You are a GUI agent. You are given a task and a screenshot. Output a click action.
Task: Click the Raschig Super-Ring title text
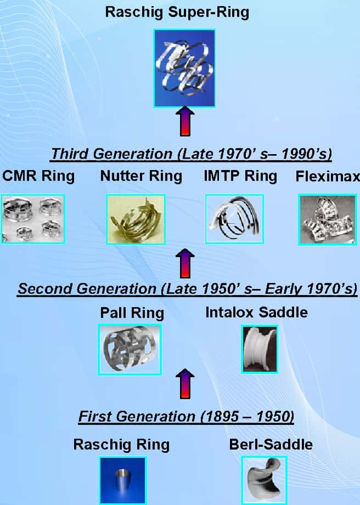tap(177, 13)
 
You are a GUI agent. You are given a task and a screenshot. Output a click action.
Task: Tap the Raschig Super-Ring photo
tap(184, 68)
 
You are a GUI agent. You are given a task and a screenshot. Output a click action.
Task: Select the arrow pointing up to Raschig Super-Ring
tap(185, 121)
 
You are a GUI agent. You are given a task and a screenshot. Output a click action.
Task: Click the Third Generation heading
tap(192, 154)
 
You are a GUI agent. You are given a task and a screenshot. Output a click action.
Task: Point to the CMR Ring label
tap(38, 177)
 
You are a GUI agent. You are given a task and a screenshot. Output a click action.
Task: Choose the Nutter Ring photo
tap(136, 219)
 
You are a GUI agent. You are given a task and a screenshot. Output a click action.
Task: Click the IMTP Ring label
tap(240, 177)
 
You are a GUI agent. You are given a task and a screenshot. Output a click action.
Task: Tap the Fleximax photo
tap(328, 220)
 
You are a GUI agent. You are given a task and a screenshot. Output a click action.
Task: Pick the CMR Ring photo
tap(32, 219)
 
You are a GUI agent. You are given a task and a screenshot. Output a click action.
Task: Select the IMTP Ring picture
tap(235, 219)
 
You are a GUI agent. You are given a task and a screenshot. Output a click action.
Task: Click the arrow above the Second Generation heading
tap(185, 263)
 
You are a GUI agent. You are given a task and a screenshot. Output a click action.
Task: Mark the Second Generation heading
tap(187, 289)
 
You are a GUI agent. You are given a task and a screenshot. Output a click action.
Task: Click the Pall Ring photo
tap(130, 349)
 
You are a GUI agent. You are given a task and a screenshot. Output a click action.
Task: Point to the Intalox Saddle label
tap(256, 313)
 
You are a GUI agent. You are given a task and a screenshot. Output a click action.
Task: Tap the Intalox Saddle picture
tap(260, 349)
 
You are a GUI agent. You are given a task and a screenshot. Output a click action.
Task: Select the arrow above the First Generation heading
tap(185, 384)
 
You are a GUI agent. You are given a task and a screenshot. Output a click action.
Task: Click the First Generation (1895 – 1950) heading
tap(186, 417)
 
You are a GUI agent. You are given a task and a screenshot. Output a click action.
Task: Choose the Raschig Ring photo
tap(123, 480)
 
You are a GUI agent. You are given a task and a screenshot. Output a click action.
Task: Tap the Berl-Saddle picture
tap(264, 480)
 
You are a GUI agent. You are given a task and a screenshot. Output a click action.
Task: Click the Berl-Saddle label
tap(271, 445)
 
